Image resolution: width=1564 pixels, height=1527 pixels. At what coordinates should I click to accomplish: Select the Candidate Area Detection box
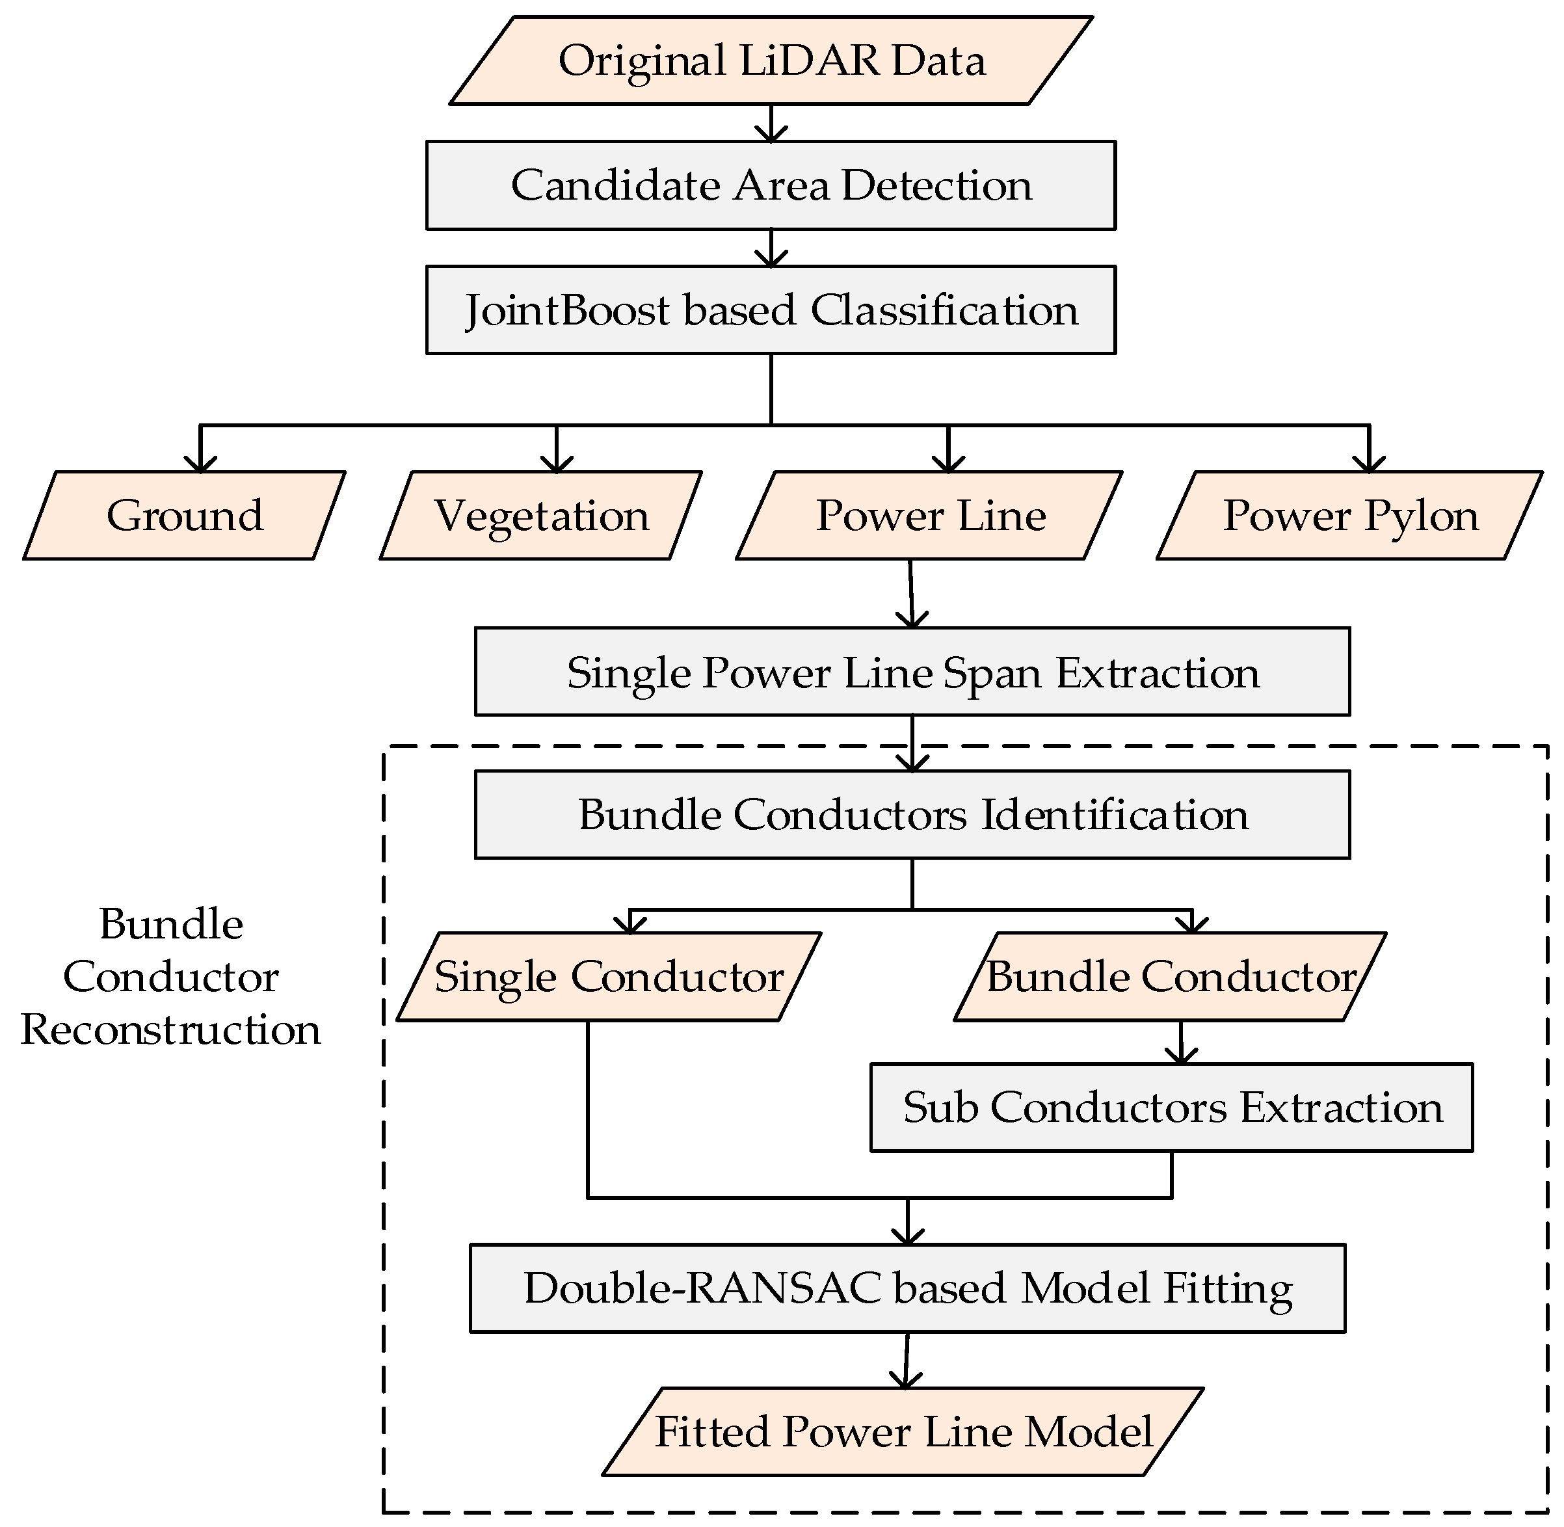tap(770, 185)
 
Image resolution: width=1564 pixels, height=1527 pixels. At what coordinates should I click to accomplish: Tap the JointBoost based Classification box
tap(770, 310)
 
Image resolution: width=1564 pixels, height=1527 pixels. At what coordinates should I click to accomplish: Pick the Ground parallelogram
tap(185, 515)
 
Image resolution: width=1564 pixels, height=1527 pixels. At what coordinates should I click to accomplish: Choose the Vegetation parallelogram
tap(541, 515)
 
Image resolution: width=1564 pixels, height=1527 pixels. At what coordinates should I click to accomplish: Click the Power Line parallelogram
tap(929, 515)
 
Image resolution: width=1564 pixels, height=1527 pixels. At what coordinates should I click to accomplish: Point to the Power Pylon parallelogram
tap(1349, 515)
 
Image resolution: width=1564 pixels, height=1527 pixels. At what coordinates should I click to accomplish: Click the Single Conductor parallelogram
tap(609, 977)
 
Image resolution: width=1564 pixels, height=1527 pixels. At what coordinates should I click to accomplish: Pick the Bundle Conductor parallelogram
tap(1169, 977)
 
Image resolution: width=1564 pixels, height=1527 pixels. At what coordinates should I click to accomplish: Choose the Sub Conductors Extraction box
tap(1171, 1108)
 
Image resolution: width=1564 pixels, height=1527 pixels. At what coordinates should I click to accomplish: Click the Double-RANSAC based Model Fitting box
tap(907, 1289)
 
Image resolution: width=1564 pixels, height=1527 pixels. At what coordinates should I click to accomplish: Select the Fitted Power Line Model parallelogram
tap(903, 1431)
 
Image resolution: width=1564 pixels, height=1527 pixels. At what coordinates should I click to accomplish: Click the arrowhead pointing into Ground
tap(200, 464)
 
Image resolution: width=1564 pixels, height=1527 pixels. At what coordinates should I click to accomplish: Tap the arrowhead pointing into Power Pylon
tap(1369, 464)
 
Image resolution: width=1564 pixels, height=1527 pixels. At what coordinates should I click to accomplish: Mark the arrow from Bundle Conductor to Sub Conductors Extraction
tap(1180, 1042)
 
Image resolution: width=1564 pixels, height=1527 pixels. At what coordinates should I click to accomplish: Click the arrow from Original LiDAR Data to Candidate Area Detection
tap(771, 124)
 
